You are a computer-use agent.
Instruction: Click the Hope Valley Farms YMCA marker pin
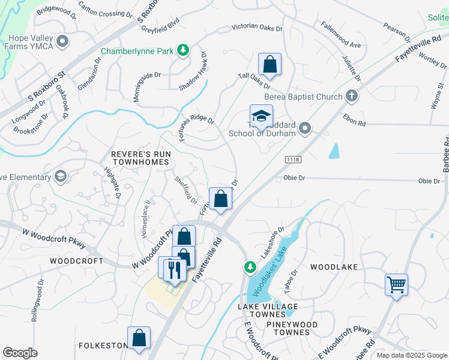pos(63,43)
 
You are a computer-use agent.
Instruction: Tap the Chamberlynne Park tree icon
pos(184,51)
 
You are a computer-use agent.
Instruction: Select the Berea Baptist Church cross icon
pos(352,96)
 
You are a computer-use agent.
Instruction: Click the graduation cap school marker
pos(261,116)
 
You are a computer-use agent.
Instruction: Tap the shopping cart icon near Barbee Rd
pos(396,284)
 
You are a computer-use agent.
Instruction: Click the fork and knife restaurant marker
pos(174,269)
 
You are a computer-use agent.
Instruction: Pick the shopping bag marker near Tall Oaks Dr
pos(270,65)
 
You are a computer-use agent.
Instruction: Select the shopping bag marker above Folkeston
pos(139,337)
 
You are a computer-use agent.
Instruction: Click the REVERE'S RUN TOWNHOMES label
pos(142,159)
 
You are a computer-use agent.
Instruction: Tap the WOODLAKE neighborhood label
pos(334,266)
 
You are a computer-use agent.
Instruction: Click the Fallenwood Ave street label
pos(340,35)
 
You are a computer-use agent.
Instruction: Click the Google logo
pos(20,353)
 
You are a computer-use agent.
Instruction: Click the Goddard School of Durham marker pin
pos(306,127)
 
